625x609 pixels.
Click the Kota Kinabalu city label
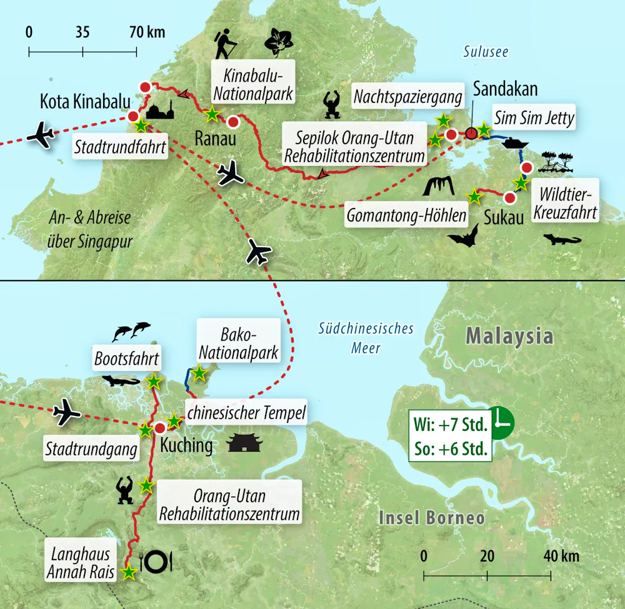[x=85, y=102]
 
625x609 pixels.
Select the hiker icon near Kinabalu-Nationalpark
[x=225, y=45]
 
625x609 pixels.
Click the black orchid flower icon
[x=279, y=42]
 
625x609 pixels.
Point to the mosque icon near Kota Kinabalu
[x=160, y=111]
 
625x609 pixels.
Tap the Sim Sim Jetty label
[x=534, y=117]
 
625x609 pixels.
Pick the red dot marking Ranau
[x=233, y=121]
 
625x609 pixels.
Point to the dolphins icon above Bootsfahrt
[x=131, y=332]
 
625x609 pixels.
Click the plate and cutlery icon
[x=156, y=562]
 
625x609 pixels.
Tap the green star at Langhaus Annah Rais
[x=129, y=572]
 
